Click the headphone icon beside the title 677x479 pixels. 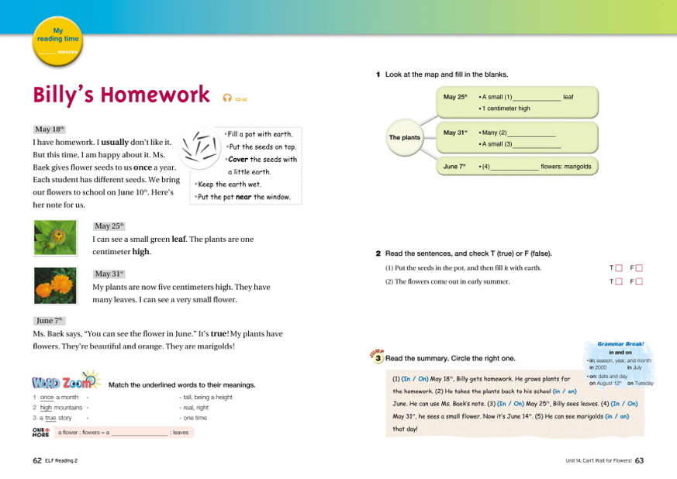pos(227,98)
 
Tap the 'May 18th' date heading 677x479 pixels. pos(50,129)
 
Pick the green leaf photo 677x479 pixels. pos(56,238)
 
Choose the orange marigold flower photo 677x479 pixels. pos(56,285)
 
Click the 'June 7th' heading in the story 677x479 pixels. pos(49,320)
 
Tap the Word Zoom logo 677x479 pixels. pos(65,382)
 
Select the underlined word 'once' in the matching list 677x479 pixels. pos(47,398)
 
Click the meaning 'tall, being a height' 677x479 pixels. pos(208,398)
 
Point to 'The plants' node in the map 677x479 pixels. pos(405,137)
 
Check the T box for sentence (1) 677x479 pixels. pos(619,268)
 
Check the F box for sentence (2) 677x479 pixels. pos(640,281)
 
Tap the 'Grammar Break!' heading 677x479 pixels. pos(620,343)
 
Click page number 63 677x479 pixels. pos(639,460)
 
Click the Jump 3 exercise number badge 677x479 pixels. pos(378,357)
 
